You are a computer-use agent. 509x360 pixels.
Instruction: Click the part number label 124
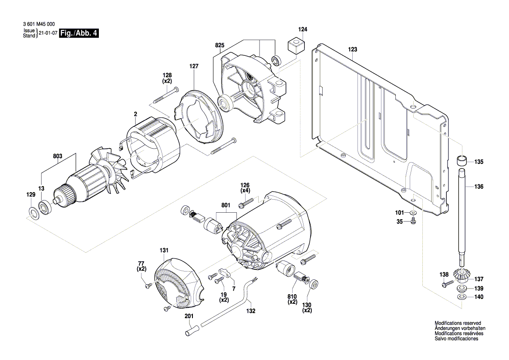point(303,30)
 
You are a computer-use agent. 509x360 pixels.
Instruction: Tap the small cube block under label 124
point(296,45)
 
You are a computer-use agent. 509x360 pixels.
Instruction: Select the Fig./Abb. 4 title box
point(79,33)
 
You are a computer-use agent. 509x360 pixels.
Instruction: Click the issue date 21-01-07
point(48,34)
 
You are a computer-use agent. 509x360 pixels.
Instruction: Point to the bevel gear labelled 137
point(461,275)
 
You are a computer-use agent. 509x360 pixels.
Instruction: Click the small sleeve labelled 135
point(462,160)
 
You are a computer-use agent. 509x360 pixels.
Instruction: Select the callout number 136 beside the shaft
point(479,187)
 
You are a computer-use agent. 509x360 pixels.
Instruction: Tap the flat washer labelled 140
point(462,297)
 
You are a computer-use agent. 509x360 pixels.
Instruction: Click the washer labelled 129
point(33,213)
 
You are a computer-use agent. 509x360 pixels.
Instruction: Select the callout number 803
point(58,156)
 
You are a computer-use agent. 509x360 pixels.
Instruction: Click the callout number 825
point(219,45)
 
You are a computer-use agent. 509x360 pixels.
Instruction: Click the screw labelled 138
point(445,284)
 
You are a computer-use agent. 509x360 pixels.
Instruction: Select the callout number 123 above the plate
point(352,50)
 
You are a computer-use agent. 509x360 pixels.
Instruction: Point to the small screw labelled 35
point(413,222)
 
